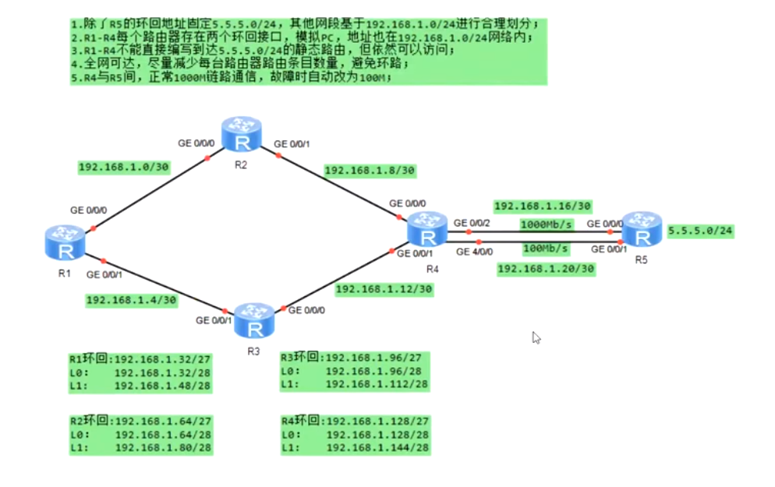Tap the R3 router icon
253,320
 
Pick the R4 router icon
427,231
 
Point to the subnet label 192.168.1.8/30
370,169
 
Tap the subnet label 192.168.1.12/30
384,289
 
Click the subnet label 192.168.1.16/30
543,206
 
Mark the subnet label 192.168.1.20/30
546,269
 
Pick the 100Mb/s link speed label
546,249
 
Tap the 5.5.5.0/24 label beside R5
700,231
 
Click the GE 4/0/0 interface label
474,252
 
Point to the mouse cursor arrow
536,337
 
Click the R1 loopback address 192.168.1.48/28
163,385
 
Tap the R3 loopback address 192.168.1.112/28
377,385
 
